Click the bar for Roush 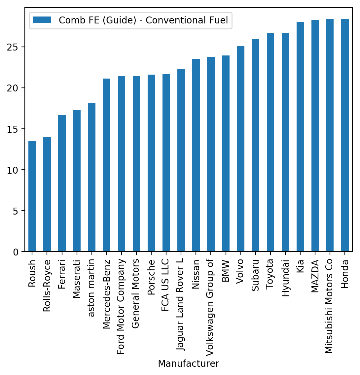point(32,196)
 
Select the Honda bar point(345,135)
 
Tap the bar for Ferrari point(62,183)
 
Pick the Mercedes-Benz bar point(107,165)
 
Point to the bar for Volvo point(240,149)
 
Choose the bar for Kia point(300,137)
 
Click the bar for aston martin point(91,177)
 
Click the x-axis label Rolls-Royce point(47,286)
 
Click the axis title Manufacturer point(188,364)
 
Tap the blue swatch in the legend point(42,20)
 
